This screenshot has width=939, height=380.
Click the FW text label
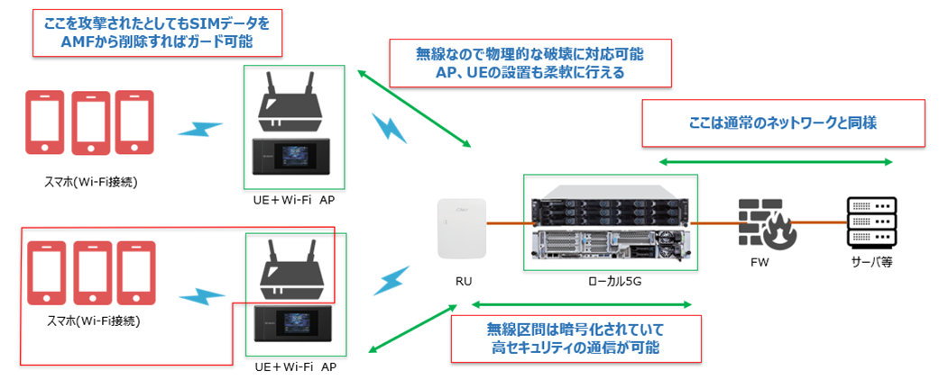(x=763, y=266)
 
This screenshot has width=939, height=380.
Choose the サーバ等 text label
(x=870, y=266)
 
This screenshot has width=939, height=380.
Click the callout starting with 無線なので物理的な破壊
(x=529, y=63)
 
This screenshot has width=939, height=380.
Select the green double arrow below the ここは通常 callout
(x=776, y=162)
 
